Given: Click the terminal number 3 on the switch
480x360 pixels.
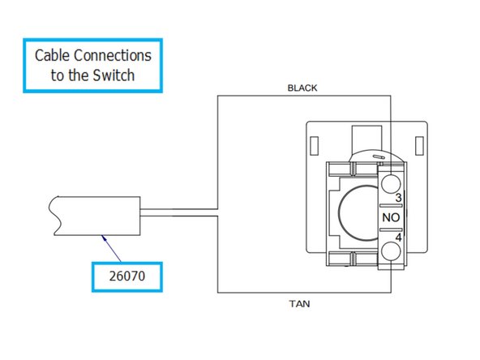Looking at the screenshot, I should [x=398, y=198].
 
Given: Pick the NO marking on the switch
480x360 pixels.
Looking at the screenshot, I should [x=389, y=217].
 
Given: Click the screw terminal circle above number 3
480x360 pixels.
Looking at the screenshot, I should [x=390, y=180].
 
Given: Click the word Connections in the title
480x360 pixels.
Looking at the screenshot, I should [x=115, y=57].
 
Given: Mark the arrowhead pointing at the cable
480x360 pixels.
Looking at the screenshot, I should [x=104, y=236].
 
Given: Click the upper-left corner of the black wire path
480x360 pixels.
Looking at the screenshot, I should [x=217, y=95].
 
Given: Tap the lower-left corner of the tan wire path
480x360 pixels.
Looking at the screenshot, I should [x=217, y=294].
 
